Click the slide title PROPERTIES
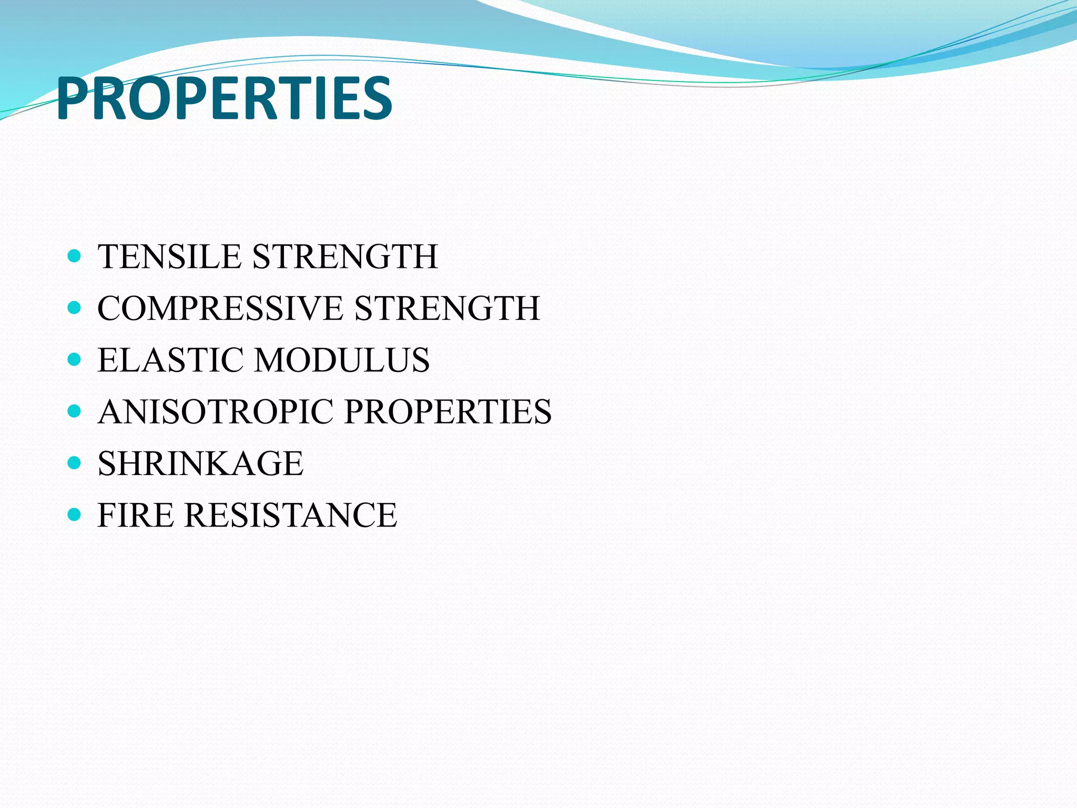point(224,98)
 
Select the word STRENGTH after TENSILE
point(345,257)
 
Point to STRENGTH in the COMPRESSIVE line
point(447,308)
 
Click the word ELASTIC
point(170,360)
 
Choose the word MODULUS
point(342,360)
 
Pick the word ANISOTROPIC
point(215,411)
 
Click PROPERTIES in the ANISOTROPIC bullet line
point(448,411)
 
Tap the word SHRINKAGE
point(200,463)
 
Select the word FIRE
point(135,515)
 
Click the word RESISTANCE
point(290,515)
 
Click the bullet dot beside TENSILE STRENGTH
point(75,257)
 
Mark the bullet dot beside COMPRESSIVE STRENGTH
point(75,308)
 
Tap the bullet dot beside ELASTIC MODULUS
point(75,360)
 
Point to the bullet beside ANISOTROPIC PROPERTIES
point(75,411)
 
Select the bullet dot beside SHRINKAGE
point(75,463)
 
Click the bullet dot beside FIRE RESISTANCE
point(75,514)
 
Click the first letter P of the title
point(74,98)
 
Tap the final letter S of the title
point(375,98)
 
